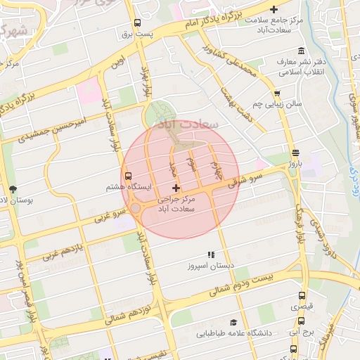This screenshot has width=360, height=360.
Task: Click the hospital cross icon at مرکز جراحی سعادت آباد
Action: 176,188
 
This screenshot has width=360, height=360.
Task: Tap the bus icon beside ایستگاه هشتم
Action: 129,177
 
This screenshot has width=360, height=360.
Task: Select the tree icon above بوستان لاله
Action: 13,189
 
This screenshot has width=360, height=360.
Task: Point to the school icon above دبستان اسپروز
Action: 210,255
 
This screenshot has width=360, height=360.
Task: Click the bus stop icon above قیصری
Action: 302,296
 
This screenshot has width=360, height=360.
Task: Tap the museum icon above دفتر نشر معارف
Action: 302,51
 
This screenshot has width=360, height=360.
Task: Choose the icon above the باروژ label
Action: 295,152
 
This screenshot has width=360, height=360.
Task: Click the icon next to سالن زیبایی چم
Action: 277,92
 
